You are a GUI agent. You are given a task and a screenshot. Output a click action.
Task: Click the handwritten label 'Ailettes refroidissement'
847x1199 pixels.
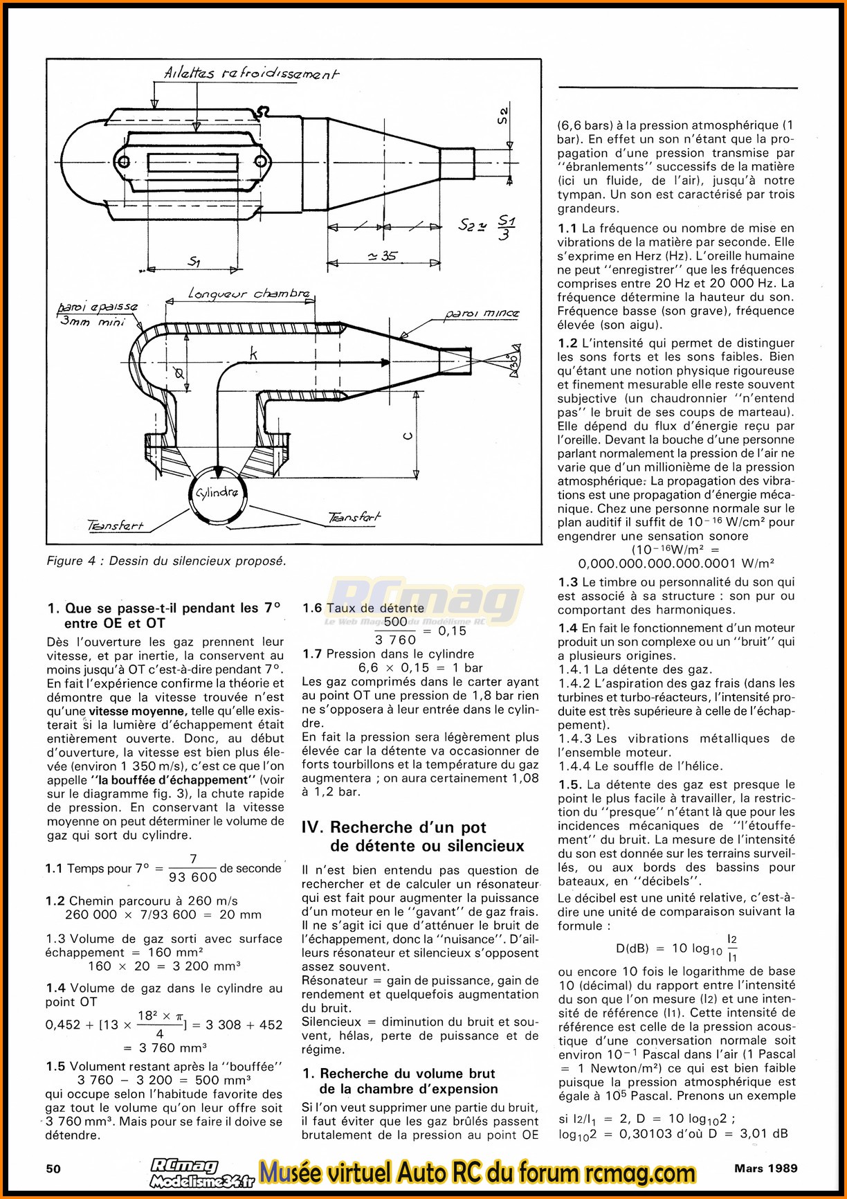251,73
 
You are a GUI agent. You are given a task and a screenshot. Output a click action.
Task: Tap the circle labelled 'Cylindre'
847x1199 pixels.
217,493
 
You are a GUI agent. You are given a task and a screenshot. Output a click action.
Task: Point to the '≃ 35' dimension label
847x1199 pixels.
382,256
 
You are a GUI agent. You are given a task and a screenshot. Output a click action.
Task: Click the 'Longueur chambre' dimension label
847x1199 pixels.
249,294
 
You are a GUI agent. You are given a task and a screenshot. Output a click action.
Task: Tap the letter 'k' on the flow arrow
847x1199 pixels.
253,354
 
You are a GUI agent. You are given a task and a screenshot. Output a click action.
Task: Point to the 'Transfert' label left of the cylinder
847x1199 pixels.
115,525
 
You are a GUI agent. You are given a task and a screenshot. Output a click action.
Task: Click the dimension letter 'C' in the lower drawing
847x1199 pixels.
408,435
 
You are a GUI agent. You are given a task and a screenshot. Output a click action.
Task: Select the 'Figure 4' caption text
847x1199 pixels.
166,561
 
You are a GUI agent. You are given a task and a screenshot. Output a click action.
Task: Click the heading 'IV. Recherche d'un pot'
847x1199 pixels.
394,827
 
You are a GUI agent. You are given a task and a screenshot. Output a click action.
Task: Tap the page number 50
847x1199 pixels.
53,1169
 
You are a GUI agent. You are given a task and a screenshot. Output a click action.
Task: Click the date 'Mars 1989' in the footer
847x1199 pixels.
766,1168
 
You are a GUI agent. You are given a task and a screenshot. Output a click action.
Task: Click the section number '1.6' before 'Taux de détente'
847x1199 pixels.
312,608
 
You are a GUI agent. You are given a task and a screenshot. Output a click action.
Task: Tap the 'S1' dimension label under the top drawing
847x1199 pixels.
194,262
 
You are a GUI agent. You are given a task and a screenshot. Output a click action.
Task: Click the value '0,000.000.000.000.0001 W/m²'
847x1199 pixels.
676,564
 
